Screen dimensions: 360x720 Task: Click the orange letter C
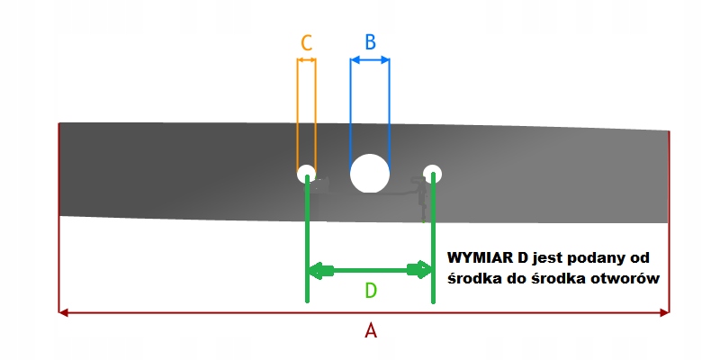pos(306,42)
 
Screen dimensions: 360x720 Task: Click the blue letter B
pos(369,41)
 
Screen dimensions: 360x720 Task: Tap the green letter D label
pos(370,291)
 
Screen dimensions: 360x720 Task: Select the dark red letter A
pos(370,330)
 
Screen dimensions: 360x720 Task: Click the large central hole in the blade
pos(369,172)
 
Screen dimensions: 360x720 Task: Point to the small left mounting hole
pos(307,174)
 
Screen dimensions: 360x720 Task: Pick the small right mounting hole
pos(433,173)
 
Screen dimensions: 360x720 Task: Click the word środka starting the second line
pos(473,279)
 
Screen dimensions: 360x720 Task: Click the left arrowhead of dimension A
pos(63,312)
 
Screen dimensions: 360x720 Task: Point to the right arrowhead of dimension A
pos(664,312)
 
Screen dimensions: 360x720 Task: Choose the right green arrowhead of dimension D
pos(420,270)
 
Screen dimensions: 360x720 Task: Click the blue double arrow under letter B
pos(370,60)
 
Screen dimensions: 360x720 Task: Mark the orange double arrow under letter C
pos(306,60)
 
